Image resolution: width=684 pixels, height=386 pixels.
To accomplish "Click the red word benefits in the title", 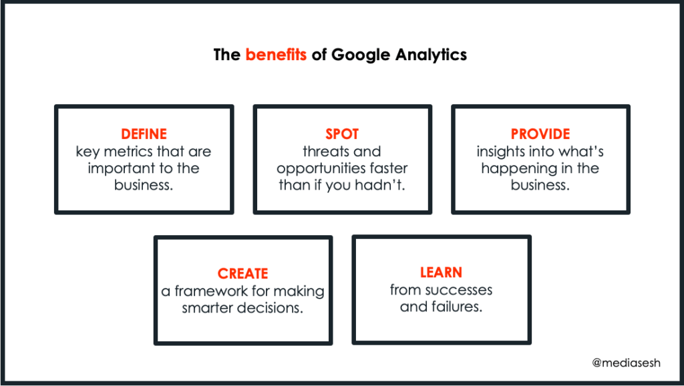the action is (x=276, y=55).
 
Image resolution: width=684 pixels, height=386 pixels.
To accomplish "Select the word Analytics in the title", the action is (x=431, y=55).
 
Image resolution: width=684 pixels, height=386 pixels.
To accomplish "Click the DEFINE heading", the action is (x=144, y=134).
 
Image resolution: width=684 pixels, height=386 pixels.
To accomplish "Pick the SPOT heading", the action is (x=342, y=134).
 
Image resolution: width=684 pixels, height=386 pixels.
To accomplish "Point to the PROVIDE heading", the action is (x=540, y=134).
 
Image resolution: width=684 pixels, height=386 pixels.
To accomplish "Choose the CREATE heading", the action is (x=243, y=273).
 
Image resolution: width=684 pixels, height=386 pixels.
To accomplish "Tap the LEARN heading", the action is (x=441, y=272).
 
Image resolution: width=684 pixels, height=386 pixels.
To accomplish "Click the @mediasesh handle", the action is (x=626, y=363).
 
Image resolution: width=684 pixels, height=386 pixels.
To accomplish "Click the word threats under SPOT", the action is (x=324, y=152).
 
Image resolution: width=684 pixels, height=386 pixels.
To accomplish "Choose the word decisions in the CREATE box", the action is (x=268, y=308).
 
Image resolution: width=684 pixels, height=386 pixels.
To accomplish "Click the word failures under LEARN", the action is (x=457, y=307).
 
